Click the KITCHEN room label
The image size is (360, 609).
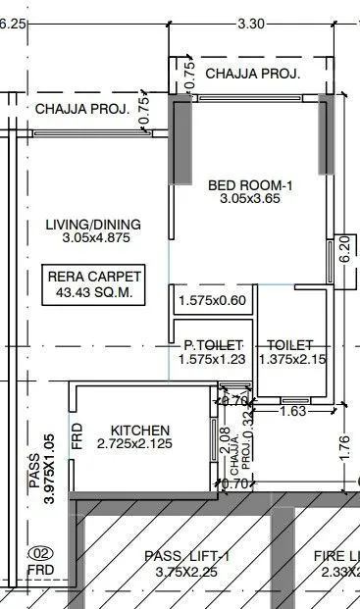pyautogui.click(x=140, y=431)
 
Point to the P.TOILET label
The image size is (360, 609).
pyautogui.click(x=208, y=345)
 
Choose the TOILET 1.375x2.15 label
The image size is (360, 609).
pyautogui.click(x=290, y=345)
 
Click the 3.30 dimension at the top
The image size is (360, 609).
pyautogui.click(x=251, y=25)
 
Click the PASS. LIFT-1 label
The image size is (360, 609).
pyautogui.click(x=186, y=556)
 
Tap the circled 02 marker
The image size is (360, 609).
pyautogui.click(x=40, y=552)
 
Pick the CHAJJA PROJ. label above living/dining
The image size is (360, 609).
pyautogui.click(x=82, y=109)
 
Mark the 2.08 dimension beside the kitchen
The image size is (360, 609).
pyautogui.click(x=225, y=437)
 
